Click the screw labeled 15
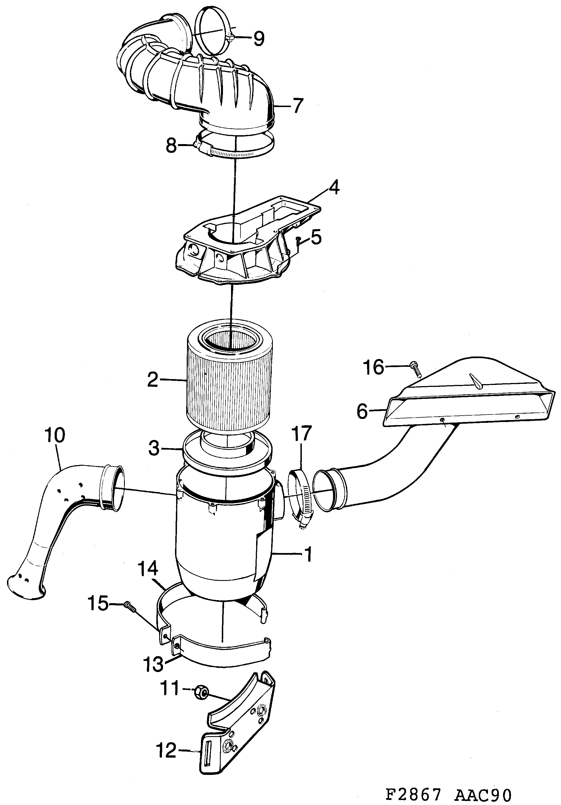click(x=130, y=606)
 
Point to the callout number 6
click(x=362, y=411)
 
